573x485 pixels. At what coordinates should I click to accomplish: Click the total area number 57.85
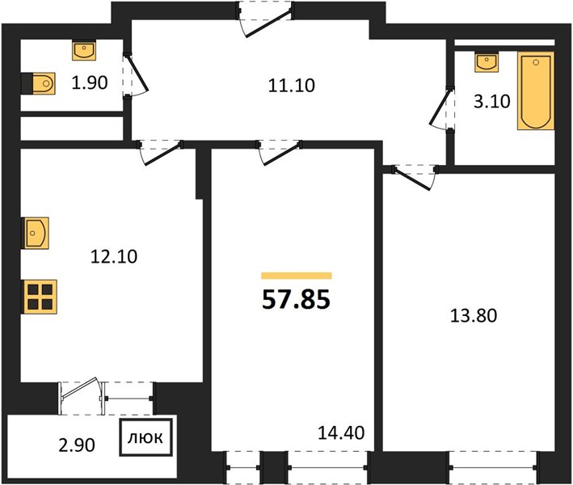[296, 299]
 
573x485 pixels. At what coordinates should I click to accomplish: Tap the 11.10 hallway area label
[291, 86]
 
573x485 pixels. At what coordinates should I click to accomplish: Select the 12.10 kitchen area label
[114, 256]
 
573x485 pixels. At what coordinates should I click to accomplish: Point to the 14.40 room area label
[341, 433]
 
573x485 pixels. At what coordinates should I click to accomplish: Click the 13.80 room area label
[474, 316]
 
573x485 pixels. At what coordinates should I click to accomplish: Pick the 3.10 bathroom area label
[492, 101]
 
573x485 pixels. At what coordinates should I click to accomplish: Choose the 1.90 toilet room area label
[90, 83]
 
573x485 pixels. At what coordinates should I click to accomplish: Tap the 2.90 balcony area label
[77, 445]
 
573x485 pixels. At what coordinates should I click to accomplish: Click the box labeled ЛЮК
[145, 438]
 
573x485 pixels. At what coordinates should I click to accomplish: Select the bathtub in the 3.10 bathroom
[536, 91]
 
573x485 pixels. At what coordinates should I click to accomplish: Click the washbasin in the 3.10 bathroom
[486, 62]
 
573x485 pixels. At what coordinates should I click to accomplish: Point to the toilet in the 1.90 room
[38, 83]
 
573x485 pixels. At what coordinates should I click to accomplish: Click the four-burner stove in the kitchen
[40, 297]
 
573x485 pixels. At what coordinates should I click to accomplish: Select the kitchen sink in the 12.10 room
[36, 233]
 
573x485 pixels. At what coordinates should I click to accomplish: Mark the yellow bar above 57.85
[297, 276]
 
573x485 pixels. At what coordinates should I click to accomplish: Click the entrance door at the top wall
[266, 19]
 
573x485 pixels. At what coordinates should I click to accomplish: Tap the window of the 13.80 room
[494, 468]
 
